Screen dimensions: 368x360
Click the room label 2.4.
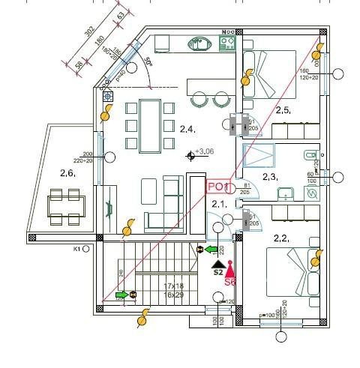(x=187, y=130)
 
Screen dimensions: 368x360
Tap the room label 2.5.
(x=282, y=110)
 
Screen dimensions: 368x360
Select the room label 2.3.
(x=270, y=177)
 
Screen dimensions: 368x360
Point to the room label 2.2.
(x=281, y=239)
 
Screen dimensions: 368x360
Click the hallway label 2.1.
(x=219, y=204)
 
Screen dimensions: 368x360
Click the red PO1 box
(x=217, y=186)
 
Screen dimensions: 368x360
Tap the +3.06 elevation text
(x=205, y=152)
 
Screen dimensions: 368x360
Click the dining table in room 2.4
(x=150, y=124)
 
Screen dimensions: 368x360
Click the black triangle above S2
(x=217, y=264)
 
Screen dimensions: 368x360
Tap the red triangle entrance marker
(x=231, y=268)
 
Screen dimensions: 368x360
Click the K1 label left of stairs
(x=76, y=248)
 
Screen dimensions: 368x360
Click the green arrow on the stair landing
(x=121, y=295)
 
